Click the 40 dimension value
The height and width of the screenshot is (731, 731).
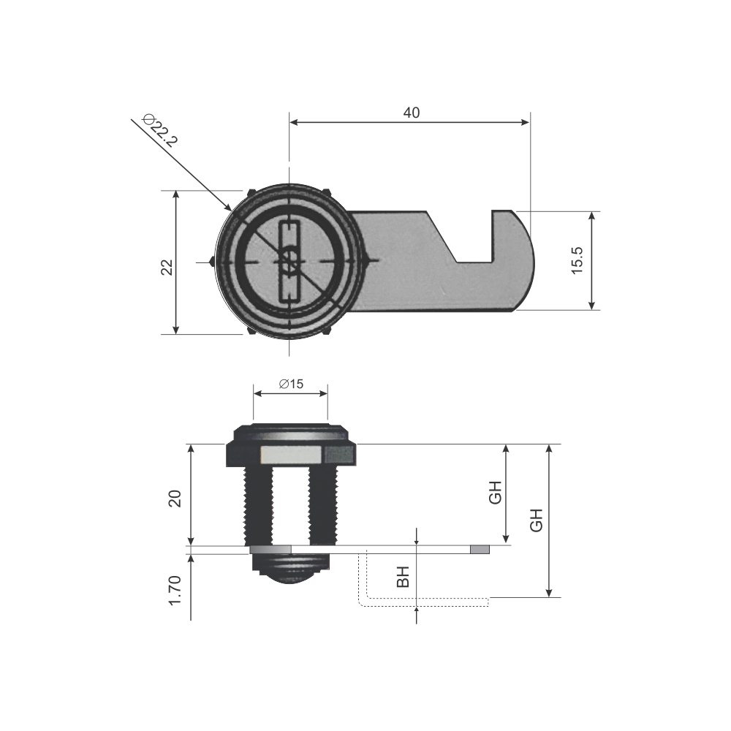point(411,113)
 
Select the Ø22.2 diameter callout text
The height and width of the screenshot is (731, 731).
point(161,130)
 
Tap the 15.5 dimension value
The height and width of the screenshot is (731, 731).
point(577,261)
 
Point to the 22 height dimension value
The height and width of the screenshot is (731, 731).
point(167,267)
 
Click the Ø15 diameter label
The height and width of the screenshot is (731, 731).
point(291,384)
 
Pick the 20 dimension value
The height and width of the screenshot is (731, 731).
point(175,499)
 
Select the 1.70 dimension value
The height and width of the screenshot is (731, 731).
point(175,590)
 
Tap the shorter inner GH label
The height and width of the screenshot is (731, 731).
point(495,492)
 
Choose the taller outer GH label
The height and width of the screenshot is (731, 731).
point(537,520)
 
